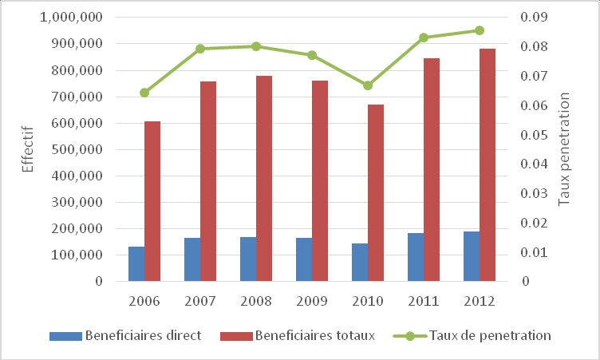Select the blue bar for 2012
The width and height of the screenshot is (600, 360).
click(x=472, y=256)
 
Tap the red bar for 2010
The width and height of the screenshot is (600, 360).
click(x=376, y=193)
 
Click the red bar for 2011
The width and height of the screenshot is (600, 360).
click(x=432, y=170)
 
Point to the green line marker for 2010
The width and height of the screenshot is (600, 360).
click(x=368, y=85)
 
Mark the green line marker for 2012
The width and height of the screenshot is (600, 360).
click(x=480, y=30)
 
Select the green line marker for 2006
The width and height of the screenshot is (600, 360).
click(x=144, y=93)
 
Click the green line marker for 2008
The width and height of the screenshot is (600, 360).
click(x=256, y=46)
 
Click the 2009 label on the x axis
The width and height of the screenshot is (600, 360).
click(x=312, y=302)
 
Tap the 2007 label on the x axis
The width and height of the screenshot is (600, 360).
click(x=200, y=302)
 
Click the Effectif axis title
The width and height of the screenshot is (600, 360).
click(x=27, y=149)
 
